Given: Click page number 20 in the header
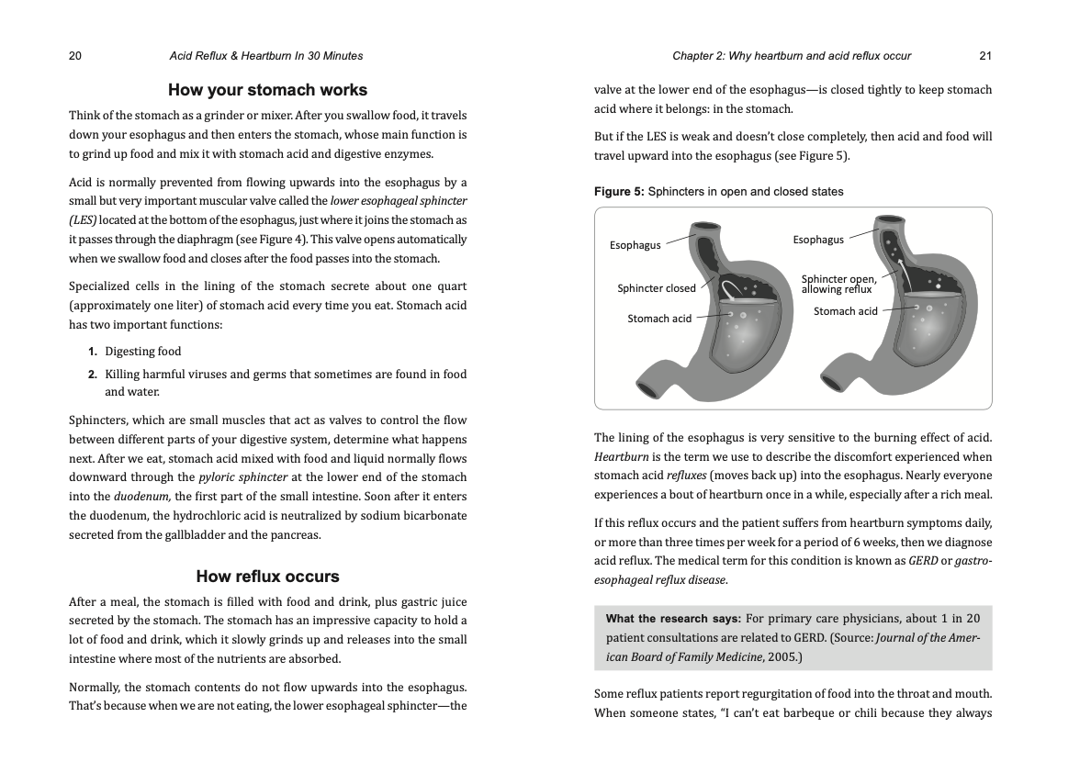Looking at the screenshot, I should click(x=75, y=56).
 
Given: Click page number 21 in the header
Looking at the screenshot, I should click(x=985, y=56).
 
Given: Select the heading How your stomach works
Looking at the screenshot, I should click(x=267, y=90).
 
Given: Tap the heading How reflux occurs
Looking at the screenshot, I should click(x=267, y=577).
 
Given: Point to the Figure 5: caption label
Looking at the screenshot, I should click(x=619, y=192).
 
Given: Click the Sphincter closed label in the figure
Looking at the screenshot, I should click(x=657, y=288).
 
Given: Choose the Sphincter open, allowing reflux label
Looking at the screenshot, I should click(x=838, y=284).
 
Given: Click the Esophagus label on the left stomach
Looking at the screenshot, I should click(x=635, y=245).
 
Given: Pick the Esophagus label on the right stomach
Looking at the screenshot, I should click(x=818, y=240).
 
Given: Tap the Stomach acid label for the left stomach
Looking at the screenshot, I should click(x=659, y=319).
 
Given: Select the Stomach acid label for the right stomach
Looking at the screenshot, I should click(x=846, y=311).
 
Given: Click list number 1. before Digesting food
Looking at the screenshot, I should click(x=93, y=352).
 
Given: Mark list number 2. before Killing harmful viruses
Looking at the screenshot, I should click(x=93, y=375).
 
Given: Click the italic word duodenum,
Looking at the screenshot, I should click(x=142, y=497).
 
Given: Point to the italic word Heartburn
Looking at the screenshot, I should click(x=621, y=457).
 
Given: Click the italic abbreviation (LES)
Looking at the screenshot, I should click(x=83, y=220).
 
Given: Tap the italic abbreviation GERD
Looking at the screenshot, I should click(x=923, y=561).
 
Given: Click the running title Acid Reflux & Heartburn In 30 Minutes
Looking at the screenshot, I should click(x=266, y=56).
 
